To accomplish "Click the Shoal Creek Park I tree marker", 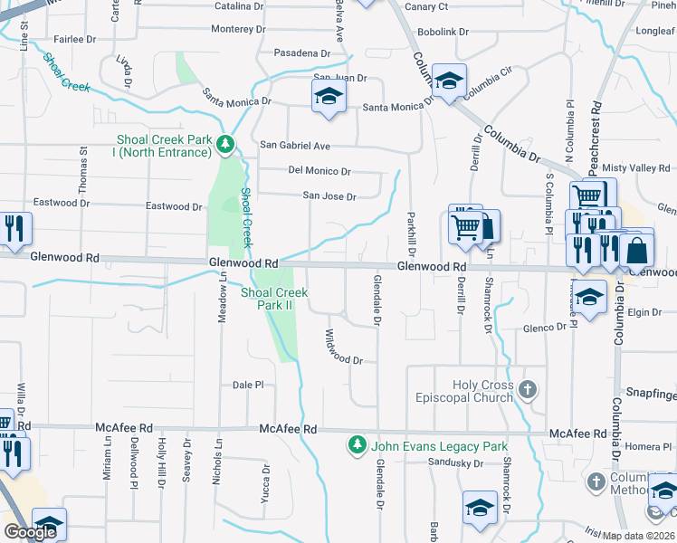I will pyautogui.click(x=225, y=144).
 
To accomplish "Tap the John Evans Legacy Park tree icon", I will pyautogui.click(x=358, y=445).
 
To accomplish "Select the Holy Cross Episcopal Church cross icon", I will pyautogui.click(x=528, y=391).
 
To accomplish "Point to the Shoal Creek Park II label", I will pyautogui.click(x=274, y=299).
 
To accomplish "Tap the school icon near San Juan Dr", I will pyautogui.click(x=329, y=97).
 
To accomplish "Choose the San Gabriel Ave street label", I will pyautogui.click(x=295, y=145).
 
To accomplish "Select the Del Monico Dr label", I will pyautogui.click(x=319, y=170).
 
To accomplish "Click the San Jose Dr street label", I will pyautogui.click(x=329, y=195).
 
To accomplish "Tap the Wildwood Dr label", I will pyautogui.click(x=343, y=348).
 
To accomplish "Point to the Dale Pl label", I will pyautogui.click(x=247, y=385).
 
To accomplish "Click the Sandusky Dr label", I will pyautogui.click(x=456, y=463).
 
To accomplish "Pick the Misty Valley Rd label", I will pyautogui.click(x=636, y=168).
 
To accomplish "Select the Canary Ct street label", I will pyautogui.click(x=427, y=6).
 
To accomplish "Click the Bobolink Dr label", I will pyautogui.click(x=443, y=32).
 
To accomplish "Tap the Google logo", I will pyautogui.click(x=31, y=532).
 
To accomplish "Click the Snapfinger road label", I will pyautogui.click(x=652, y=395).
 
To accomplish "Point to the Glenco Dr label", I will pyautogui.click(x=545, y=328).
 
